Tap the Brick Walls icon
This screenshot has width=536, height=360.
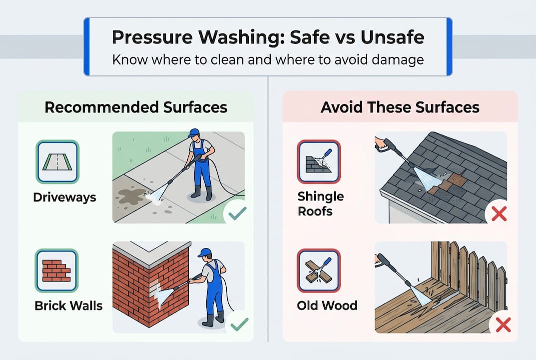(x=57, y=270)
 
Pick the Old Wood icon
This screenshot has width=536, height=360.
(x=319, y=270)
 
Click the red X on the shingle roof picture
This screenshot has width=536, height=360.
(x=499, y=214)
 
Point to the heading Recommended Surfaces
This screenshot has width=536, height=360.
(x=135, y=107)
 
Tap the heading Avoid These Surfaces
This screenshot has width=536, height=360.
(x=400, y=107)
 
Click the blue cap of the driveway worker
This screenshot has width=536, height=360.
(x=194, y=132)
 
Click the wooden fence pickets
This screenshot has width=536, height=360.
(x=470, y=270)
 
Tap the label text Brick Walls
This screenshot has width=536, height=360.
(x=68, y=305)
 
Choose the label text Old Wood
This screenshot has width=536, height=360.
(x=327, y=305)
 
